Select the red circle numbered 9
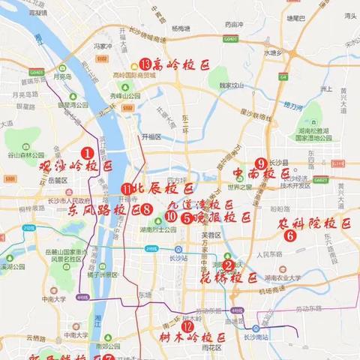260,163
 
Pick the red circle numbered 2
228,264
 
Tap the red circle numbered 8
147,210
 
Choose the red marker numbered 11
126,189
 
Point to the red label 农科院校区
315,223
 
